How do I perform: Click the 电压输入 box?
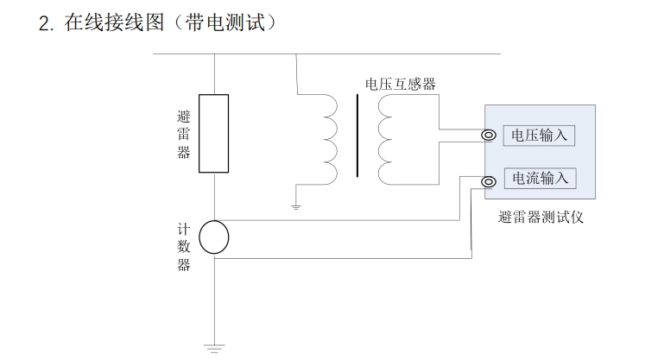[x=540, y=136]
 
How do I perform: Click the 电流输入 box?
[x=540, y=179]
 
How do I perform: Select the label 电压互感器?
[x=401, y=84]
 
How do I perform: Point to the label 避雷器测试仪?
[x=541, y=218]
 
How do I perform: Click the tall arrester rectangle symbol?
[x=213, y=134]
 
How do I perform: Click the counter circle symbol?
[x=213, y=237]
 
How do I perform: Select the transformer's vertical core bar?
[x=357, y=136]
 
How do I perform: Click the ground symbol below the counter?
[x=213, y=348]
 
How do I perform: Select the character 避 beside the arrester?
[x=183, y=117]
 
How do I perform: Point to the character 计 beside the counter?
[x=183, y=230]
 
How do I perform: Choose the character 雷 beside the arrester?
[x=183, y=135]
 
